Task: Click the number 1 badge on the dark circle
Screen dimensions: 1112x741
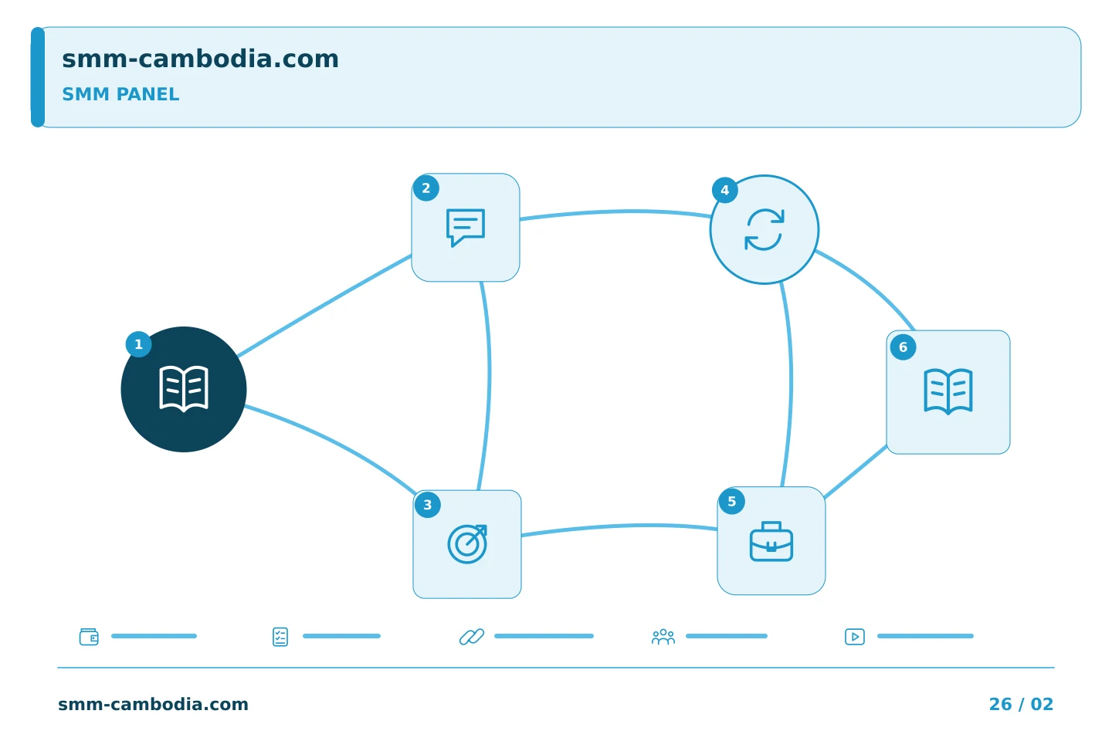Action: point(138,344)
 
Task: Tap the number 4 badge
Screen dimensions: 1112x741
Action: point(725,190)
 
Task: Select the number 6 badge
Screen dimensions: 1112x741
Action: point(903,347)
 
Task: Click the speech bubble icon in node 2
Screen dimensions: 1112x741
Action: point(466,228)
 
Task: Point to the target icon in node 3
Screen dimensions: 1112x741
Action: point(467,544)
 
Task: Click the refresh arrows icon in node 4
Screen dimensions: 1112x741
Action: point(764,229)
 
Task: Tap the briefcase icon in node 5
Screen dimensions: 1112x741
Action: point(771,541)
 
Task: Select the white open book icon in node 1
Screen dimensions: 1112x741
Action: point(184,389)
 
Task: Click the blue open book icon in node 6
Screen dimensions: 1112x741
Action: point(948,391)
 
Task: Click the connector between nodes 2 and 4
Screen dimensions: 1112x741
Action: point(615,212)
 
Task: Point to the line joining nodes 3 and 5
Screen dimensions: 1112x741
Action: point(619,526)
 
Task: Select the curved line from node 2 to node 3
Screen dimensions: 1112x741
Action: point(489,386)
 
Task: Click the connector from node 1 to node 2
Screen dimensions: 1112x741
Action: point(324,306)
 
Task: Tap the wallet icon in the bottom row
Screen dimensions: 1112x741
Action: point(89,637)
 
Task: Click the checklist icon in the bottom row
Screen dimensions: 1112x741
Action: point(280,637)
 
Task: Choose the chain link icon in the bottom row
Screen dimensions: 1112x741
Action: point(472,637)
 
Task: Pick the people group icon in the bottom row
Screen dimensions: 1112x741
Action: point(663,637)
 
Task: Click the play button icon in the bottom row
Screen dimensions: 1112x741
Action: point(855,637)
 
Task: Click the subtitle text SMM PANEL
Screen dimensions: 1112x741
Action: point(120,94)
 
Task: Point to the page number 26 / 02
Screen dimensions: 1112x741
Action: point(1021,704)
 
